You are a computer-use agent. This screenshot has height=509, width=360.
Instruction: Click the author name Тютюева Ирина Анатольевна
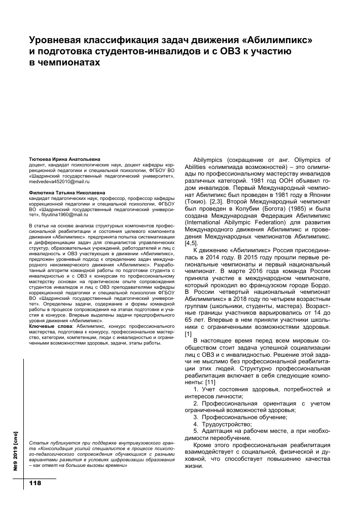pos(65,159)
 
